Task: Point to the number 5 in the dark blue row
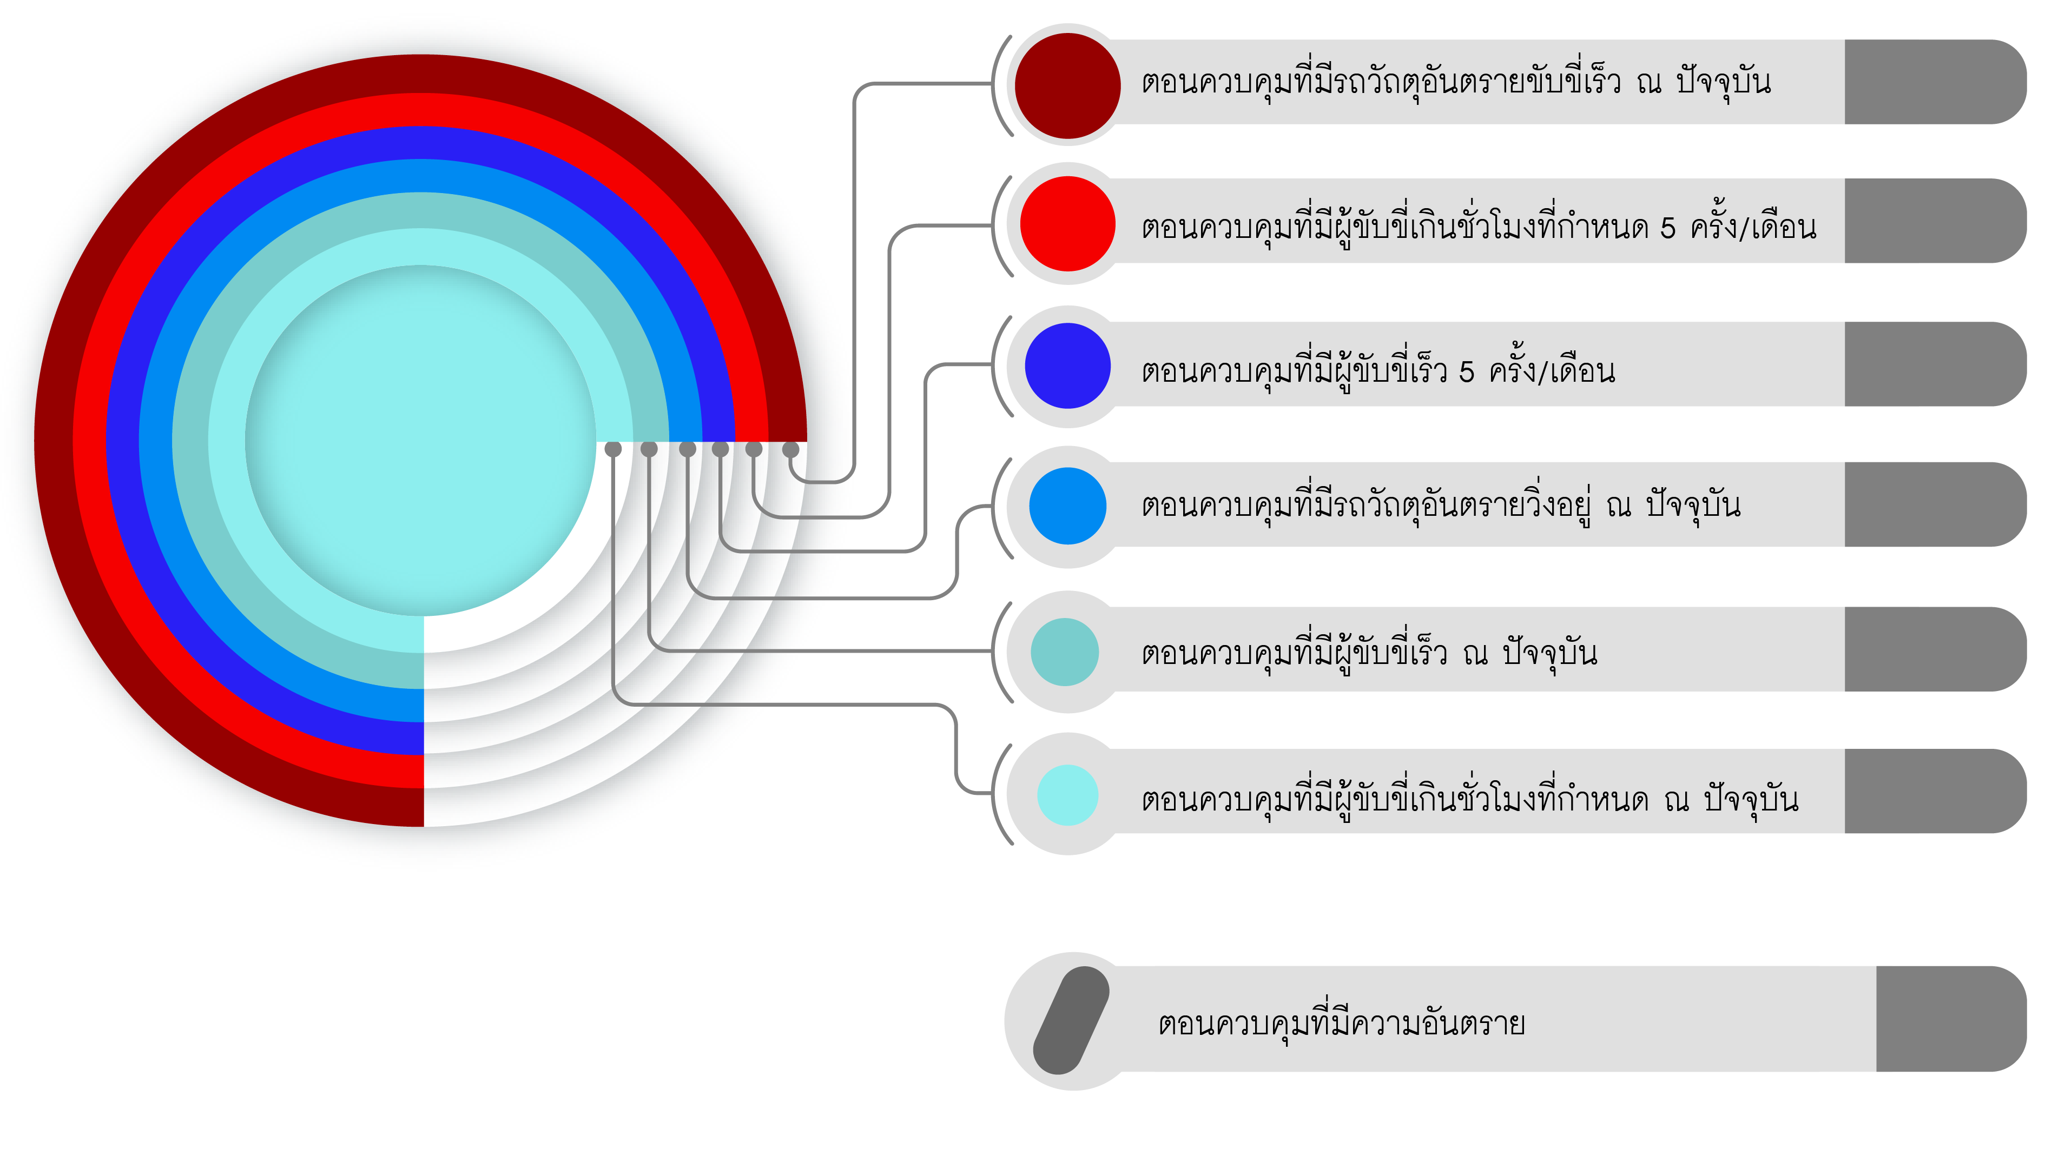1466,371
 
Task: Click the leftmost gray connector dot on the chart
612,449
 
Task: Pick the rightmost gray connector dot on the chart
790,449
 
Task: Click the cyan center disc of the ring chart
421,441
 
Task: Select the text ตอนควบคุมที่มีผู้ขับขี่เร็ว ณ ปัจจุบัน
1368,653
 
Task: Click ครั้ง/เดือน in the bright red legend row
1753,227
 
